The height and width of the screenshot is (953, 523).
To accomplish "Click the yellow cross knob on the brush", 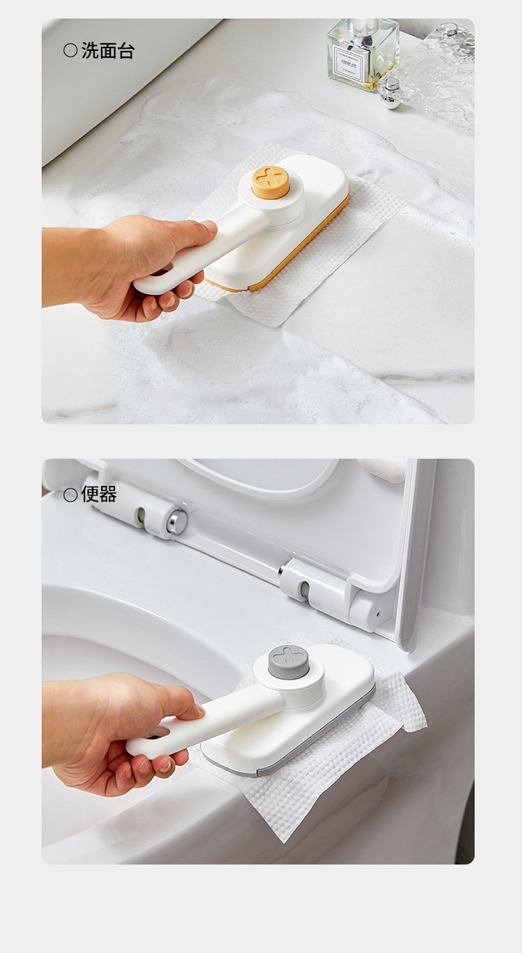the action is [x=271, y=182].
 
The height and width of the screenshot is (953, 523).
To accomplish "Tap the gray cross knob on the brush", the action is [x=288, y=662].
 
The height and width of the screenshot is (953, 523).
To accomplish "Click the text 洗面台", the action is [x=108, y=51].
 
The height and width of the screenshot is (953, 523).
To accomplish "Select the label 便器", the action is [x=99, y=494].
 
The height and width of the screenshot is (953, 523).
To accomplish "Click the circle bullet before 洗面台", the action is [x=70, y=51].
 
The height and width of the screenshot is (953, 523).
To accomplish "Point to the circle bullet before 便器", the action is [x=70, y=495].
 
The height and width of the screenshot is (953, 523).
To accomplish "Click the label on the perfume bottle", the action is [x=349, y=64].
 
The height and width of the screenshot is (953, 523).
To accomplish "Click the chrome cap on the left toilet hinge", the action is [x=177, y=522].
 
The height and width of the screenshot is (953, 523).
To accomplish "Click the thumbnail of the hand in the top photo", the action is [x=209, y=227].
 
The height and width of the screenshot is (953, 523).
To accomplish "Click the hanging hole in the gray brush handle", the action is [x=160, y=732].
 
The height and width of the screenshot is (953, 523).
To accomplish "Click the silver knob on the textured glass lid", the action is [x=449, y=29].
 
